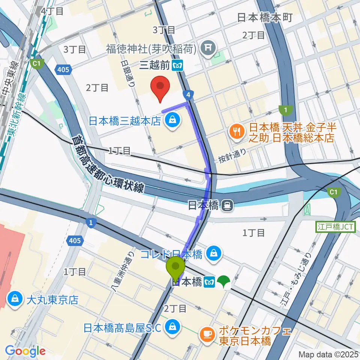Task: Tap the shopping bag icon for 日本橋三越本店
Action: (172, 120)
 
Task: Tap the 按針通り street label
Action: (232, 158)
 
